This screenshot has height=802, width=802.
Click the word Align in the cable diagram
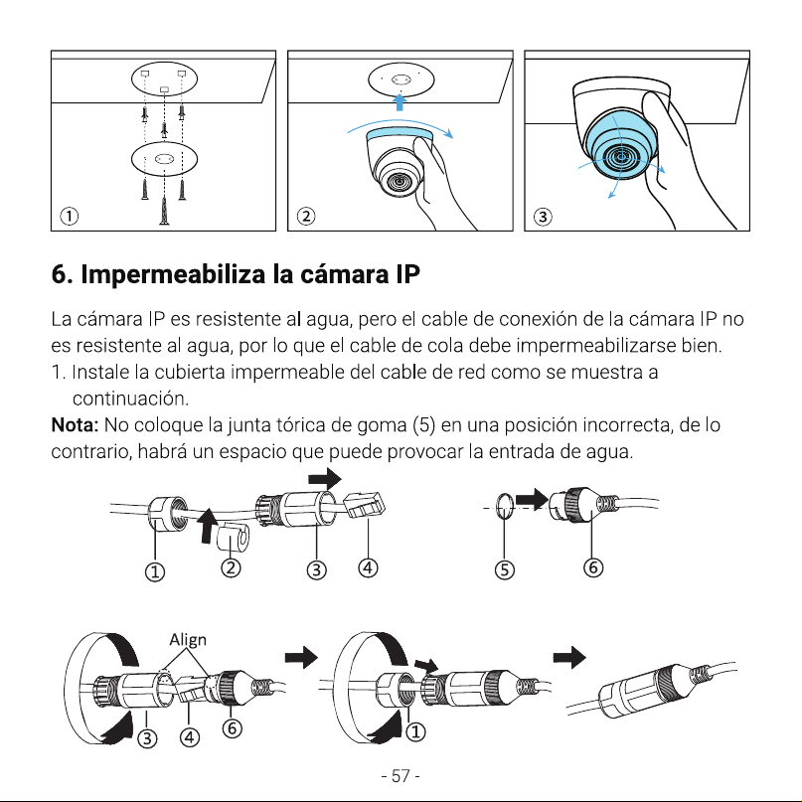[188, 639]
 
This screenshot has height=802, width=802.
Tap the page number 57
[401, 776]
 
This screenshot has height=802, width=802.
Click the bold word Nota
[75, 425]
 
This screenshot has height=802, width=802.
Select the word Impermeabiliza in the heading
[173, 274]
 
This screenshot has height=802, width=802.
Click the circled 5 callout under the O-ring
[504, 569]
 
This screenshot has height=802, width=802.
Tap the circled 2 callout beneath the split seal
[231, 567]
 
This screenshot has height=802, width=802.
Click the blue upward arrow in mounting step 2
[400, 101]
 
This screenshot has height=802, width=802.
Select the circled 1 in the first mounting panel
[70, 217]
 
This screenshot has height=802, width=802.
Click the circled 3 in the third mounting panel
[543, 217]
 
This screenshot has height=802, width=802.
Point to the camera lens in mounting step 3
[621, 156]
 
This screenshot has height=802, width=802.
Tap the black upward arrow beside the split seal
[206, 526]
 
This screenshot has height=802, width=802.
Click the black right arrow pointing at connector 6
[532, 499]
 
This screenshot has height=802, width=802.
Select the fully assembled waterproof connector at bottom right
[650, 691]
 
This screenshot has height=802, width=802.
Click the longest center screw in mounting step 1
[164, 210]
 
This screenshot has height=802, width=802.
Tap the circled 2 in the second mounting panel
[306, 217]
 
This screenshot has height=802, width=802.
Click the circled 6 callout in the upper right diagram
[593, 567]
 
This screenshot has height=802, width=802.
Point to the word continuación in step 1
[130, 399]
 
